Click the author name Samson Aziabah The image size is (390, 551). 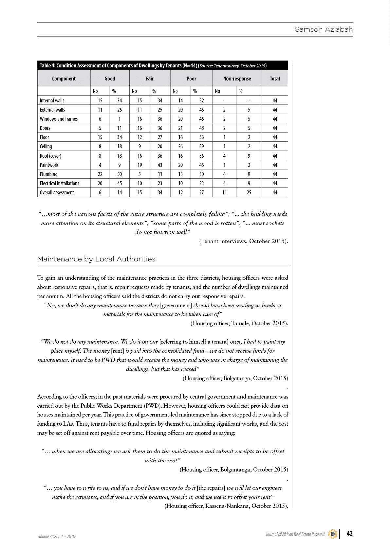click(x=324, y=29)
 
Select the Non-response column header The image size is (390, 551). click(x=237, y=79)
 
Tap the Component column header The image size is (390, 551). click(x=64, y=79)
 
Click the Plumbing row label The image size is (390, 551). click(x=48, y=174)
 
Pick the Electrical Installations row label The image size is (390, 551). click(x=59, y=183)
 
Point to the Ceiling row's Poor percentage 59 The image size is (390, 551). click(x=201, y=146)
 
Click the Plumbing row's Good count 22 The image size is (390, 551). click(x=100, y=174)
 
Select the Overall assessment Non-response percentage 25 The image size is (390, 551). click(x=249, y=192)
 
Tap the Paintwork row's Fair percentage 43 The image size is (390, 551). click(x=160, y=165)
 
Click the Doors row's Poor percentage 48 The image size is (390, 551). click(x=201, y=128)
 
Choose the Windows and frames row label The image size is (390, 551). click(x=59, y=119)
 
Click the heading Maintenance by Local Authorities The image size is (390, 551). click(x=96, y=259)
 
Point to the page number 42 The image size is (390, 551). click(x=349, y=534)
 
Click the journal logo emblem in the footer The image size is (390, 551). click(x=332, y=534)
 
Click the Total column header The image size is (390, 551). click(x=275, y=79)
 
